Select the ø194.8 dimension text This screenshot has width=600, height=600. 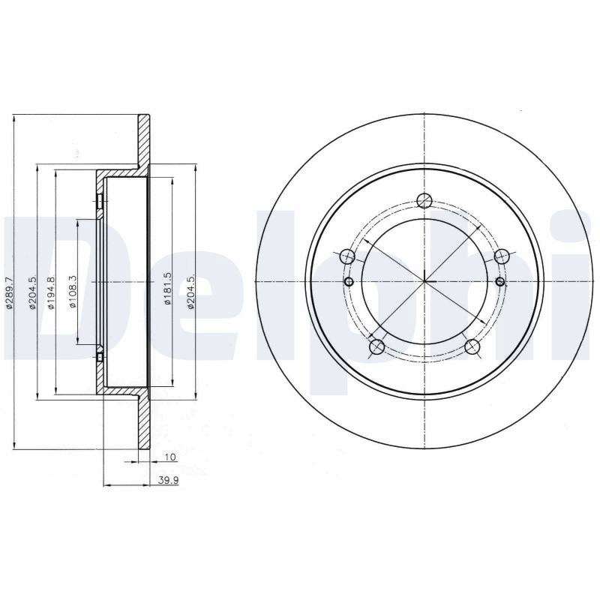point(51,293)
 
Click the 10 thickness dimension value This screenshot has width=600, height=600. point(170,457)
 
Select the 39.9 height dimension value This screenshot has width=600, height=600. point(169,481)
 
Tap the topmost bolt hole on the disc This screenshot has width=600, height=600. point(424,200)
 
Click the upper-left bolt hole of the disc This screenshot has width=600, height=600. point(347,256)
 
